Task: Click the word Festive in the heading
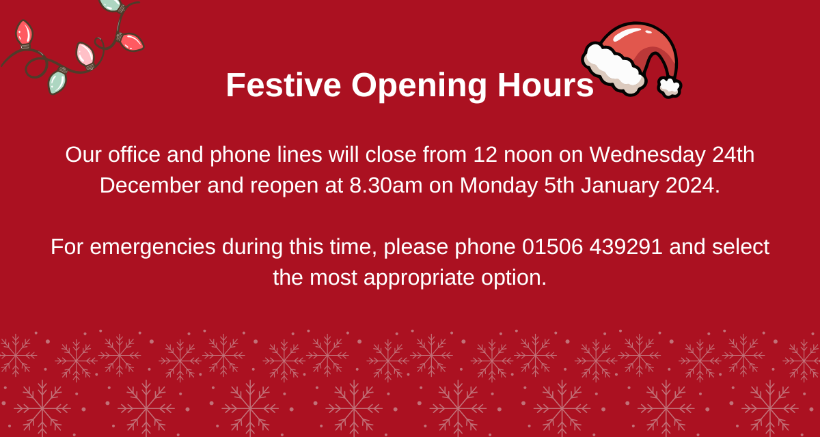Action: (283, 85)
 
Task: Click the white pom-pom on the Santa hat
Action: (669, 87)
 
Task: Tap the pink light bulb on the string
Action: (85, 54)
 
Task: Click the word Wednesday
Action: (646, 155)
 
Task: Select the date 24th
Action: (733, 155)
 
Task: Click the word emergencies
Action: (153, 247)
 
